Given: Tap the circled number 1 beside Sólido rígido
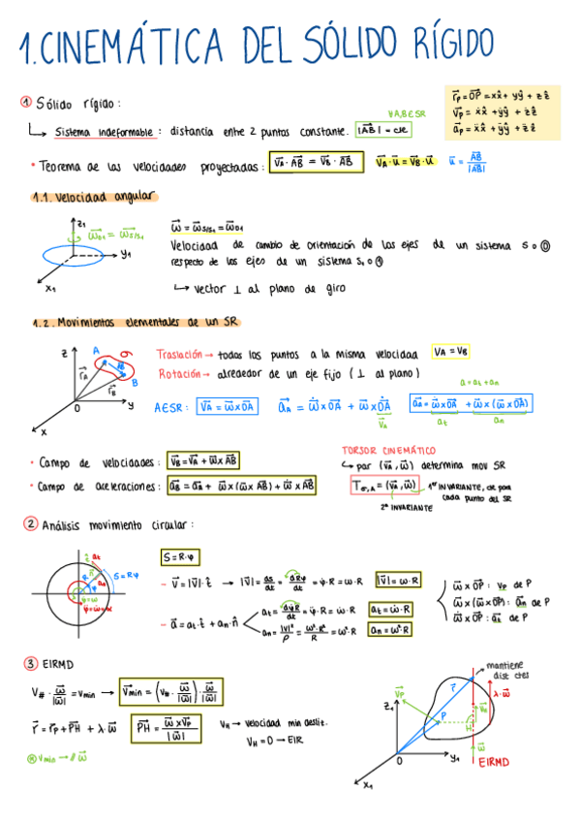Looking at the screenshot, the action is tap(25, 103).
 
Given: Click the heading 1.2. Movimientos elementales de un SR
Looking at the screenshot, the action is tap(135, 322).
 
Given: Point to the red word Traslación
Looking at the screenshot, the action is tap(181, 354).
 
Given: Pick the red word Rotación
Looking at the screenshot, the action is tap(178, 373).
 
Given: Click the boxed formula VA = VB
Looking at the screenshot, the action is tap(452, 352).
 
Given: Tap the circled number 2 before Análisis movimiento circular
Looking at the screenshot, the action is tap(31, 524).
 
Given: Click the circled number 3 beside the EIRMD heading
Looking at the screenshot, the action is tap(31, 664).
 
